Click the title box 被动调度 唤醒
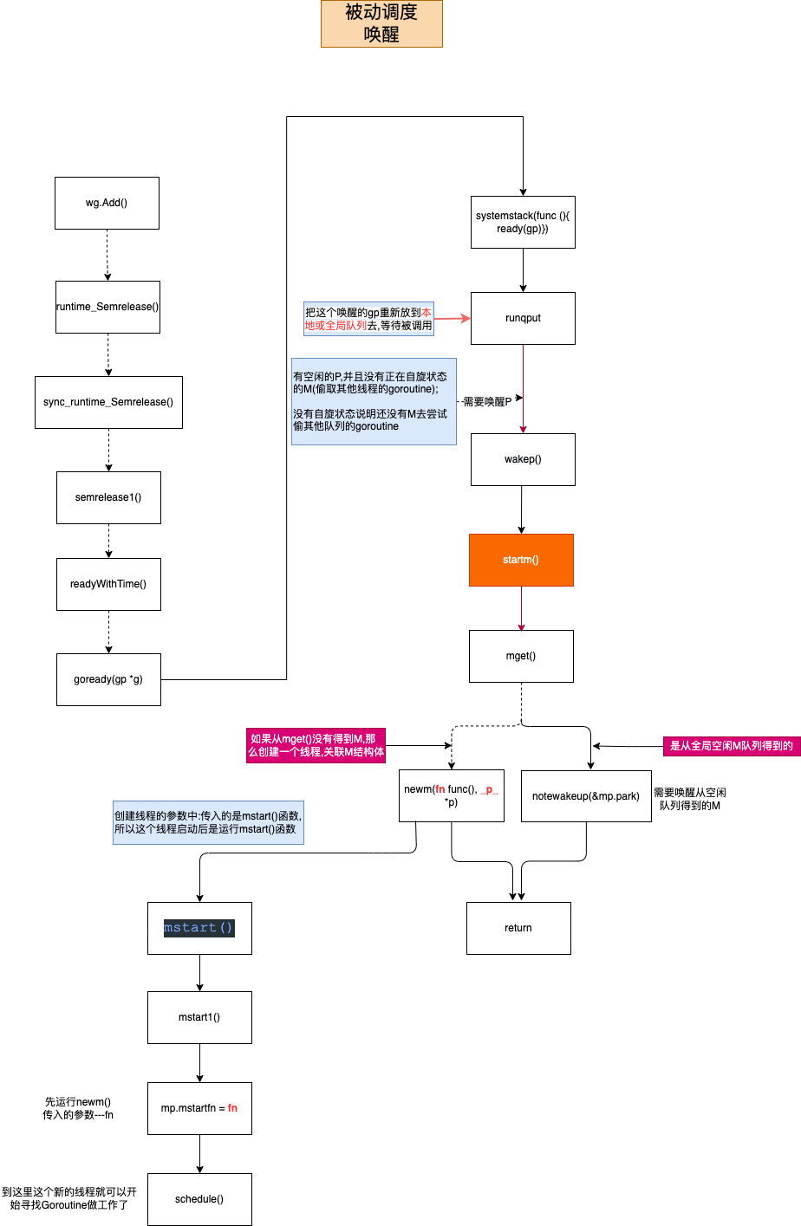pos(381,23)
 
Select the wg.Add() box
pos(107,203)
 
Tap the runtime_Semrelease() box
pos(107,307)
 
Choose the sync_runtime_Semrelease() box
pos(108,402)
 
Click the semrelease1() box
pos(108,497)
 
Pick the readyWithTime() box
pos(108,584)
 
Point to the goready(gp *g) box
pos(108,679)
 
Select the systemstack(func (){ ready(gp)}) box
pos(523,222)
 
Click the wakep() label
pos(523,459)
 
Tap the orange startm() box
pos(521,560)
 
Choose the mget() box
pos(521,656)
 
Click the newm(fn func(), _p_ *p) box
pos(451,795)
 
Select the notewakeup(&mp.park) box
pos(586,795)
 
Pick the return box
pos(518,928)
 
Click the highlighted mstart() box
pos(199,928)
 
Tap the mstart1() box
pos(199,1017)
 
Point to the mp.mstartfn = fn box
pos(199,1108)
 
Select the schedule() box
pos(199,1199)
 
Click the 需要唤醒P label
pos(488,402)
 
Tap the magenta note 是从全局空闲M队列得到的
pos(732,746)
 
